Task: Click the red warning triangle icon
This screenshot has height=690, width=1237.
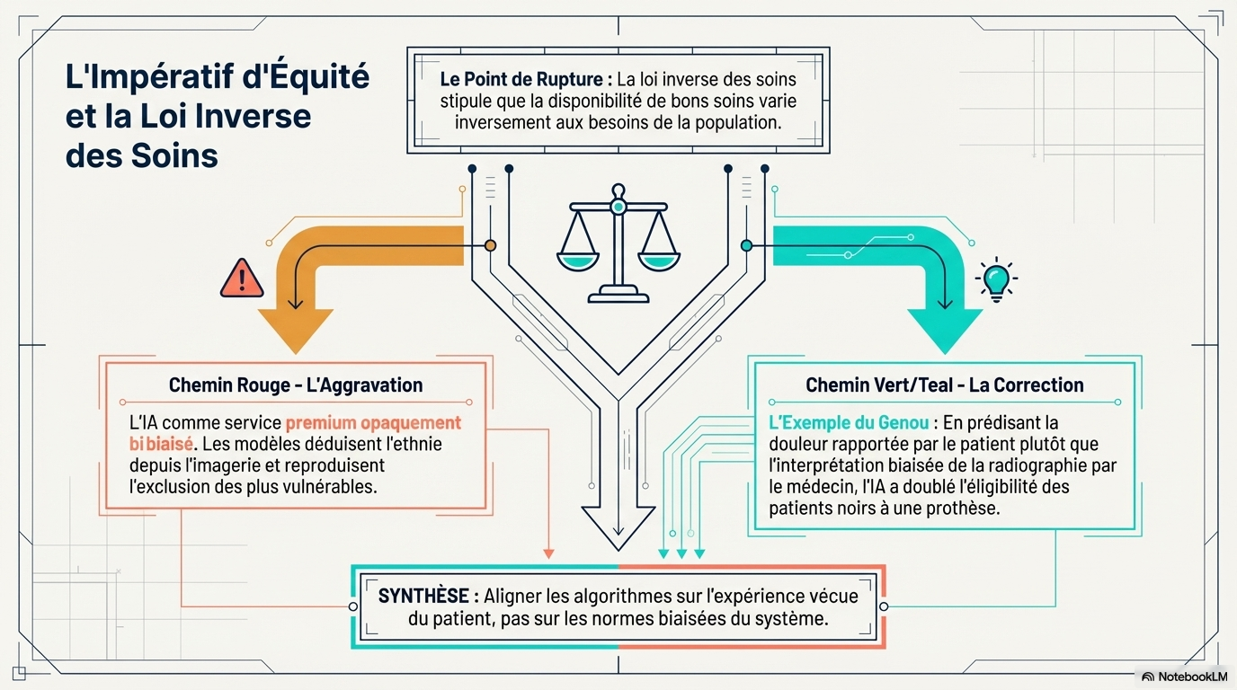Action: click(x=241, y=279)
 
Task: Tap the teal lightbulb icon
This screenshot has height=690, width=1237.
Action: click(x=996, y=280)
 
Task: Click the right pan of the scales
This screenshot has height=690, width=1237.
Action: click(x=658, y=260)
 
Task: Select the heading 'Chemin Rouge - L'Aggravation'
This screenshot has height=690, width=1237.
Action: click(x=296, y=385)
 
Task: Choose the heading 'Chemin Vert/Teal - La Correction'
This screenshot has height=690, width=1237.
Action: click(x=944, y=385)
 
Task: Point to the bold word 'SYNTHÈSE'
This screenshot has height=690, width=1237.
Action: click(x=423, y=596)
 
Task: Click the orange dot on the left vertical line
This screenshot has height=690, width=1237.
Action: click(x=490, y=245)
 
